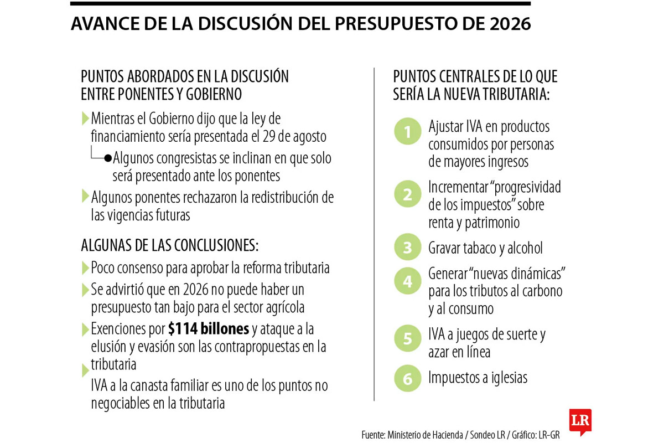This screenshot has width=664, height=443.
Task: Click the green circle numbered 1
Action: [x=408, y=133]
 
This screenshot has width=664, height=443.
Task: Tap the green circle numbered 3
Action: [x=408, y=248]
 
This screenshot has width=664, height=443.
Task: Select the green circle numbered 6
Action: [x=408, y=379]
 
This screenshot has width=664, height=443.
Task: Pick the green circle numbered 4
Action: [x=408, y=281]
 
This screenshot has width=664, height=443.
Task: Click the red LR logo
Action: [x=580, y=421]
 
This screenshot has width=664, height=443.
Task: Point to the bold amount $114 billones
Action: [x=209, y=329]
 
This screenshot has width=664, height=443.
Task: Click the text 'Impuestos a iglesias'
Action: [x=478, y=378]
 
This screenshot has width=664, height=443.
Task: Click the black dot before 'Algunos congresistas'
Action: [x=108, y=158]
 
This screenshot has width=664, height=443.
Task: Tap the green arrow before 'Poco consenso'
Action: [x=85, y=268]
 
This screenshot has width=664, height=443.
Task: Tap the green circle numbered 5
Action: [x=408, y=339]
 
